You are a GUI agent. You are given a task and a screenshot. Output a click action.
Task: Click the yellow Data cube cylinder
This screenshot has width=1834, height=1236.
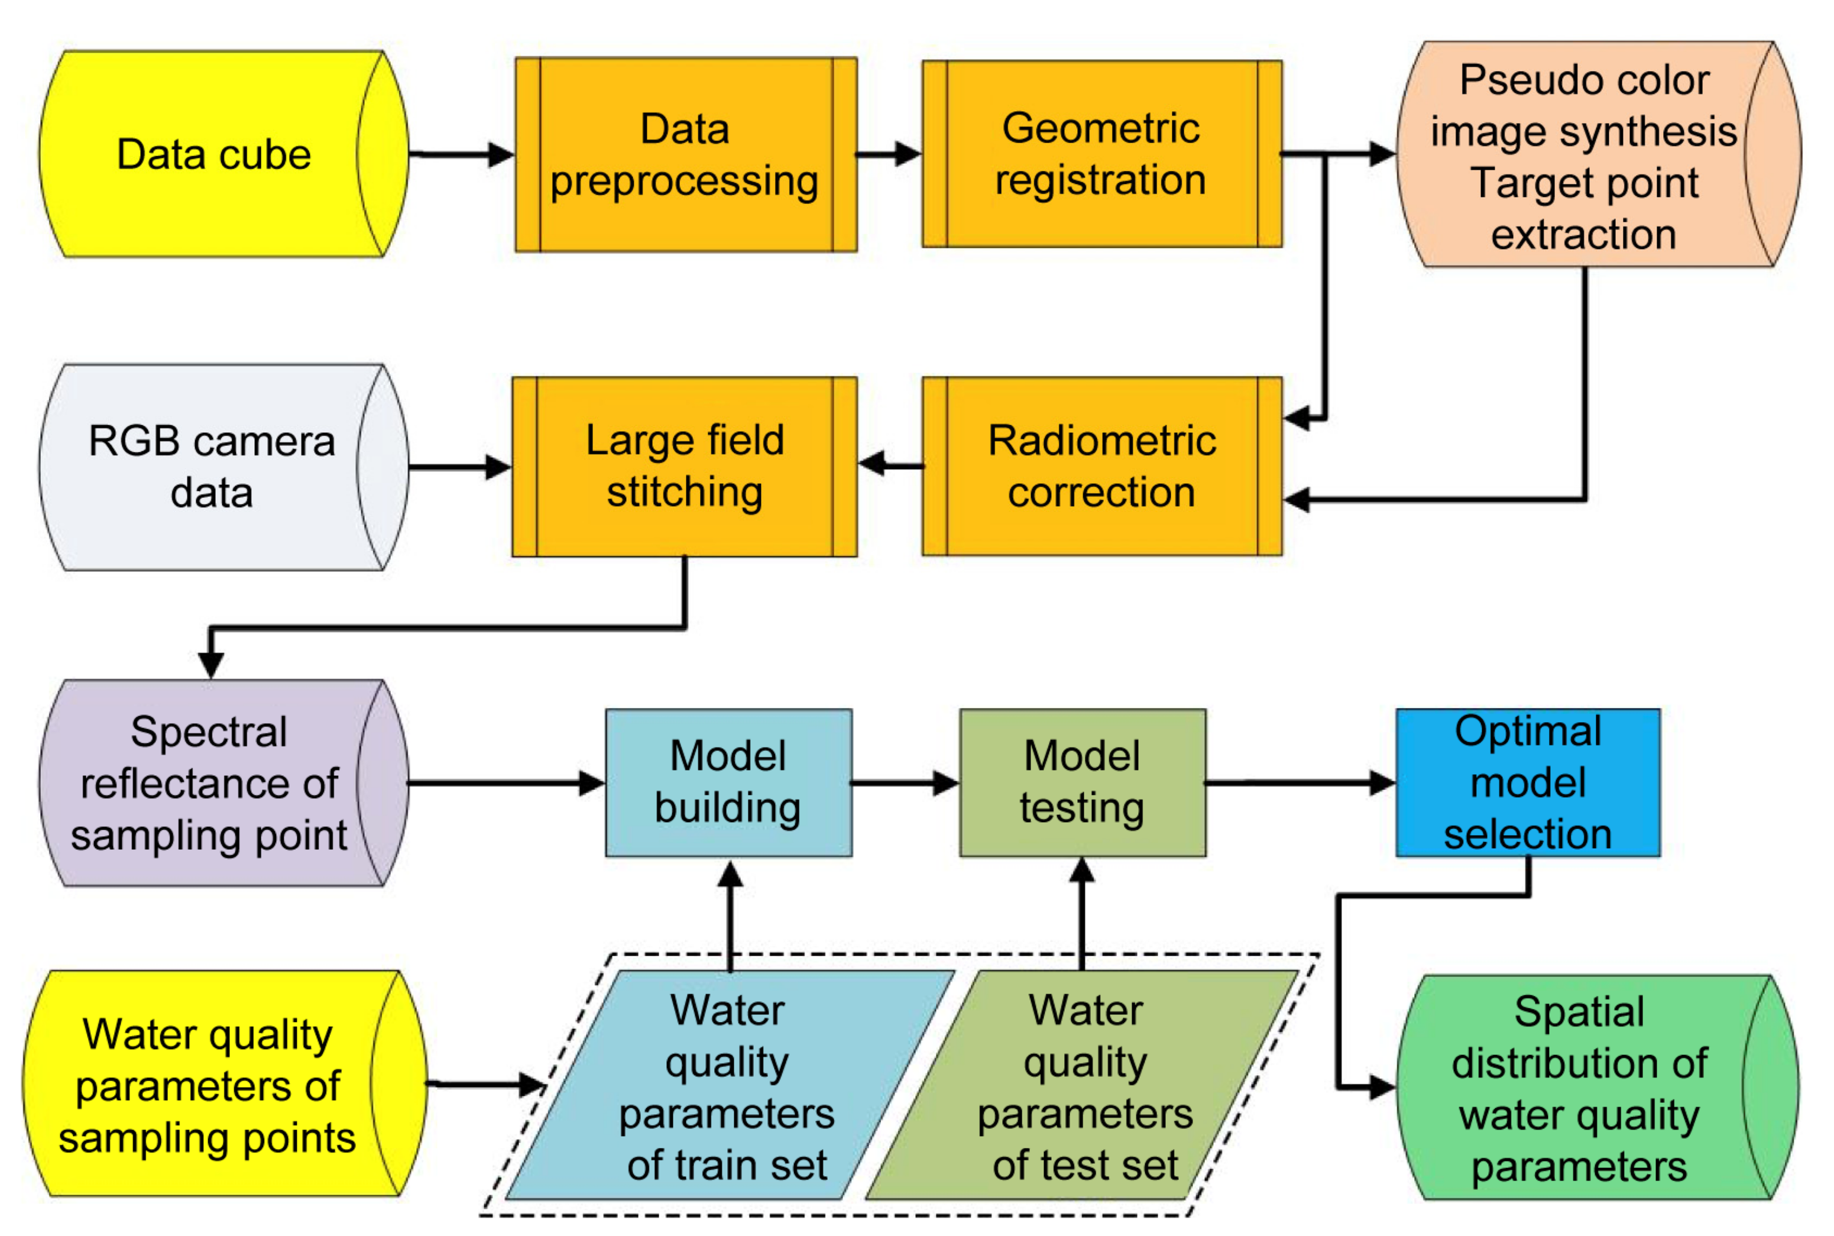pos(213,154)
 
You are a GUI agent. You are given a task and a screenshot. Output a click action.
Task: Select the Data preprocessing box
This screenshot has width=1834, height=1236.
pos(685,154)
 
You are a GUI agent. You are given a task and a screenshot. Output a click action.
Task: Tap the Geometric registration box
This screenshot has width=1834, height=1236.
pos(1101,154)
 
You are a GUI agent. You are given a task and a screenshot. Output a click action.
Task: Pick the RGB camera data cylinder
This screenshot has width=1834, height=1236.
pos(211,467)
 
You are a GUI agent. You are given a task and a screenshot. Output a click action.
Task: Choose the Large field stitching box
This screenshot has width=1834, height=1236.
pos(684,467)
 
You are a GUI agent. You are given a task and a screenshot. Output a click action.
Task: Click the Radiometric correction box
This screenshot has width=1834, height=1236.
pos(1101,467)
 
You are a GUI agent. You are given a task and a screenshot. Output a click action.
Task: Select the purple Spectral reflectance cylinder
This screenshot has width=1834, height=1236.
pos(209,783)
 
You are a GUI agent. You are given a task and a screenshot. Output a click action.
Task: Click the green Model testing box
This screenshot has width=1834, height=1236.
pos(1081,783)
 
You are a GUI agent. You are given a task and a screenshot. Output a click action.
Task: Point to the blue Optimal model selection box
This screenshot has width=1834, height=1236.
pos(1527,783)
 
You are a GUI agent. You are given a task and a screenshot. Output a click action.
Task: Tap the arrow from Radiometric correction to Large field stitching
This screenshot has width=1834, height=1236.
pos(890,464)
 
